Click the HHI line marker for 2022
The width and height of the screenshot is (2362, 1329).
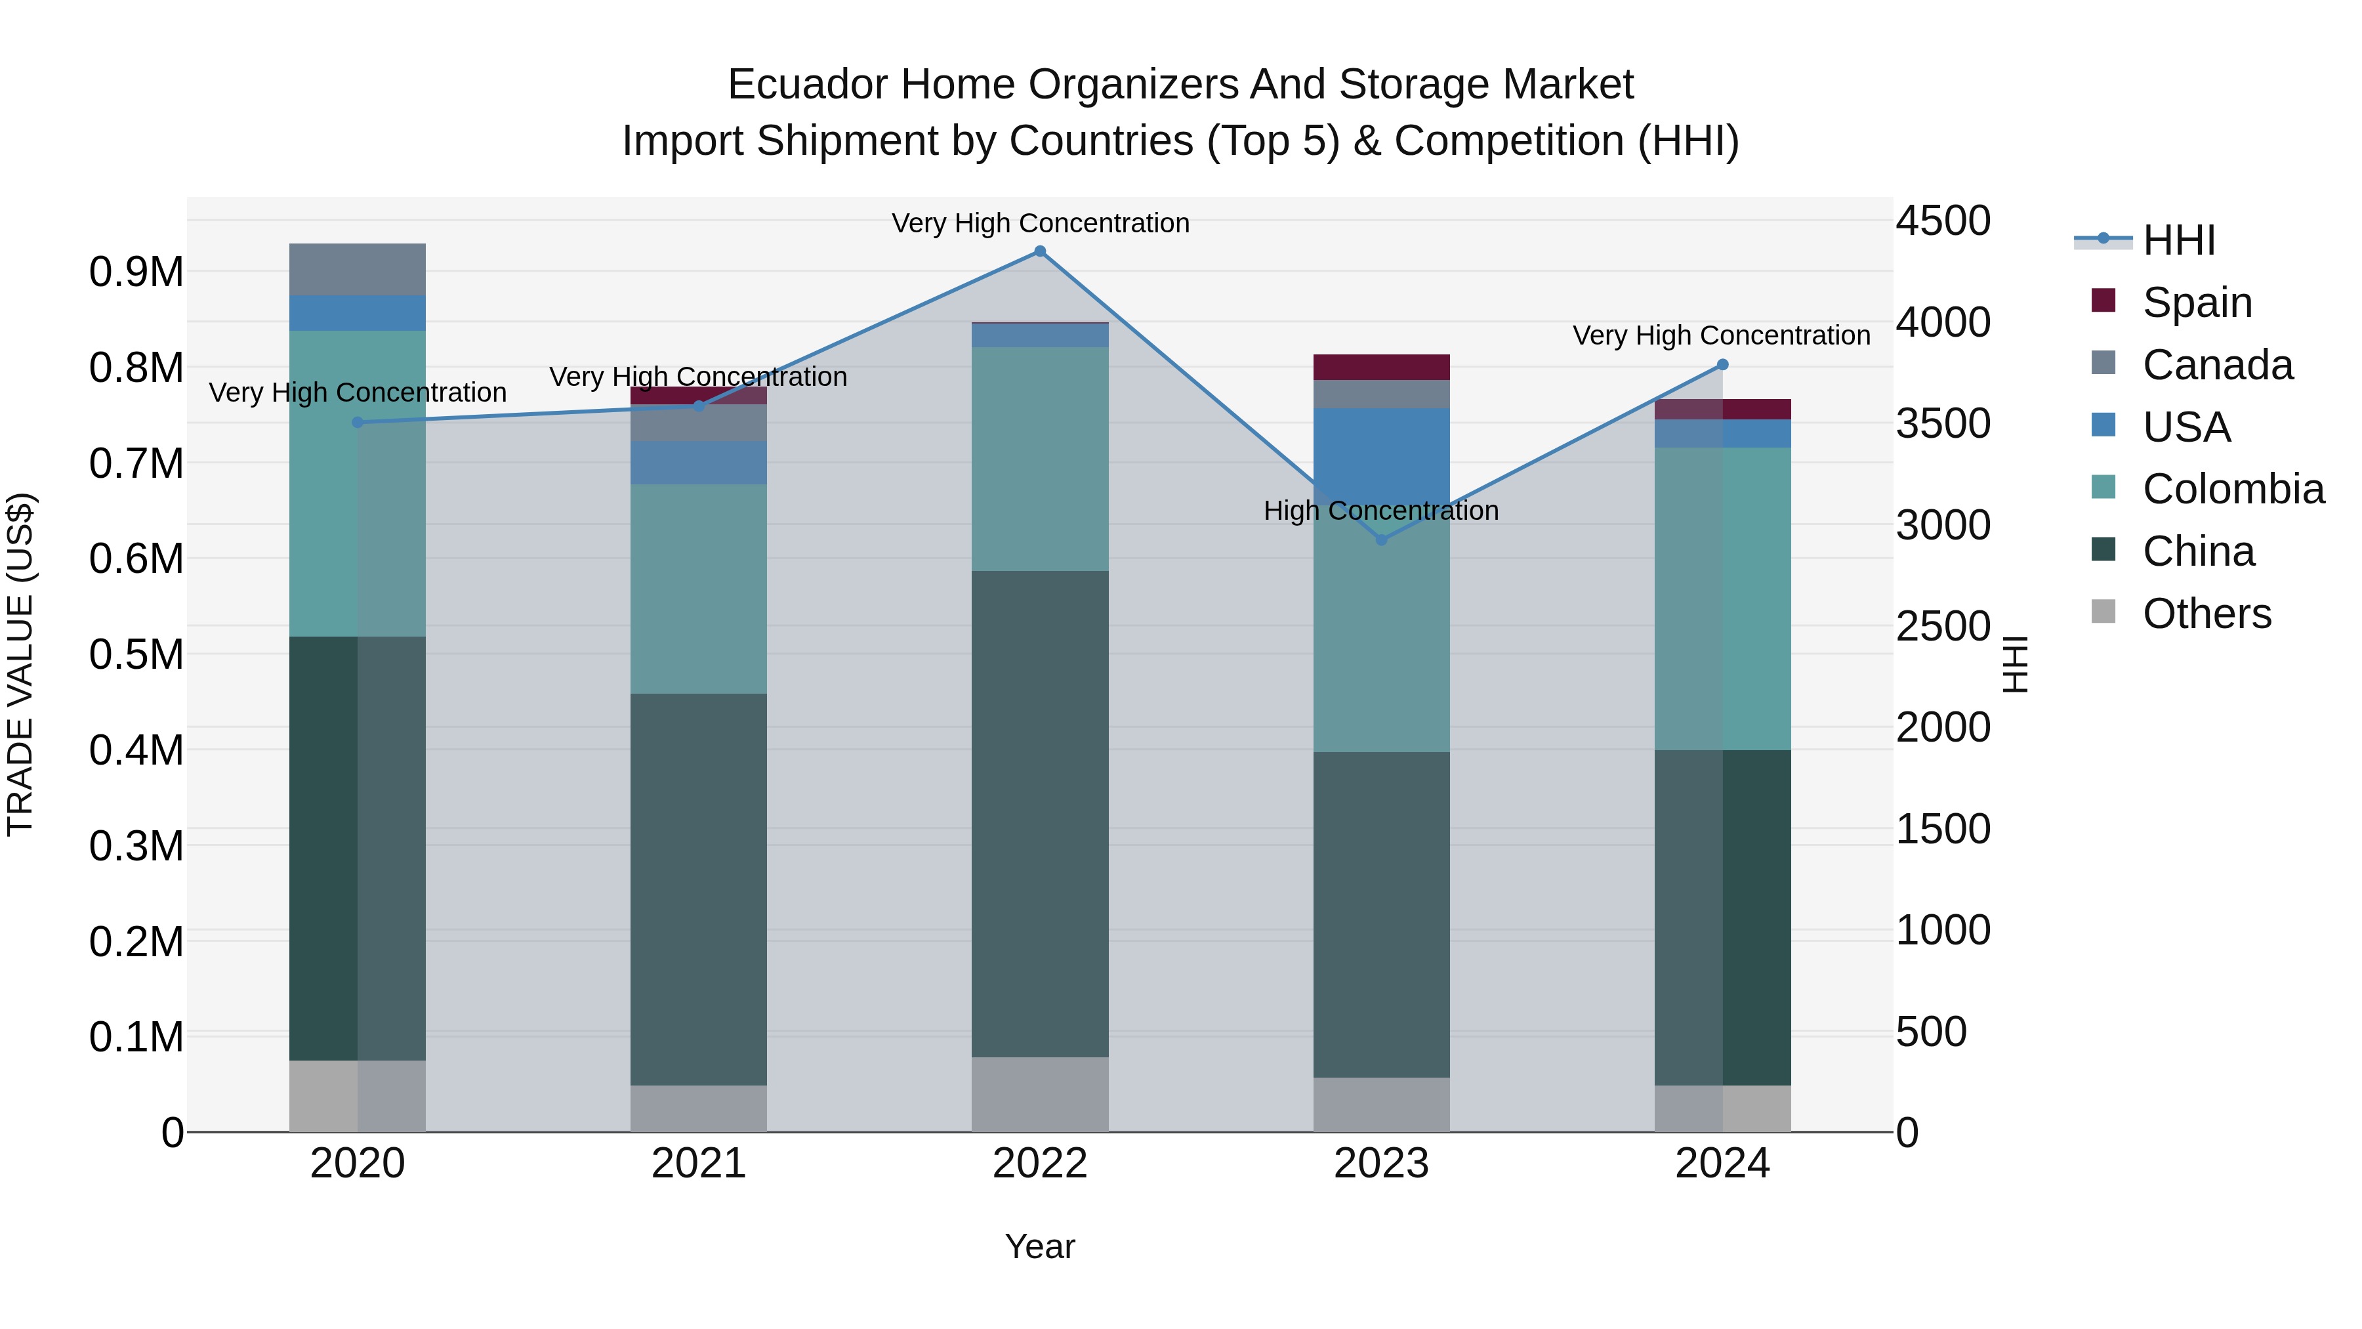[x=1040, y=251]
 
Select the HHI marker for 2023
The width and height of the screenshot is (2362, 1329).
[x=1382, y=540]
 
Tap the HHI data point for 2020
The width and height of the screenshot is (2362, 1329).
[x=358, y=423]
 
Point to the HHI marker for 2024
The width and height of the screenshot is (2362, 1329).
[x=1722, y=365]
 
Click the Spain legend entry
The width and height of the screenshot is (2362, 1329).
[x=2196, y=303]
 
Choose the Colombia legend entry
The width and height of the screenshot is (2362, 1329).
[x=2233, y=489]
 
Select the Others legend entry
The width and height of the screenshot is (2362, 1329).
[x=2206, y=614]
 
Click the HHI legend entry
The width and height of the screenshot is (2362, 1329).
[x=2178, y=240]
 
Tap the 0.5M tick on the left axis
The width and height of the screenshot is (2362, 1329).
[x=136, y=655]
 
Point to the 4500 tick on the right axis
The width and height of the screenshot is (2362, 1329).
[x=1943, y=221]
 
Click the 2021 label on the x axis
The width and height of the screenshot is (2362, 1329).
[x=698, y=1164]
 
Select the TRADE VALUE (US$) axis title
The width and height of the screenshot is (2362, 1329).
[x=20, y=664]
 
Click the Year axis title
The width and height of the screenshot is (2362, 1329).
[x=1040, y=1246]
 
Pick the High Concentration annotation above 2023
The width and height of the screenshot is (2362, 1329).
[x=1381, y=511]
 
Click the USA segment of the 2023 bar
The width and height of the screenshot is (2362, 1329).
[x=1382, y=450]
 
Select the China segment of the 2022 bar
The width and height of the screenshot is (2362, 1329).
[x=1040, y=814]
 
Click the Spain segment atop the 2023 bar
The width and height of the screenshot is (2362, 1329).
[x=1382, y=367]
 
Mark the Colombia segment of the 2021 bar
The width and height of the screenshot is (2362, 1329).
[x=698, y=588]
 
